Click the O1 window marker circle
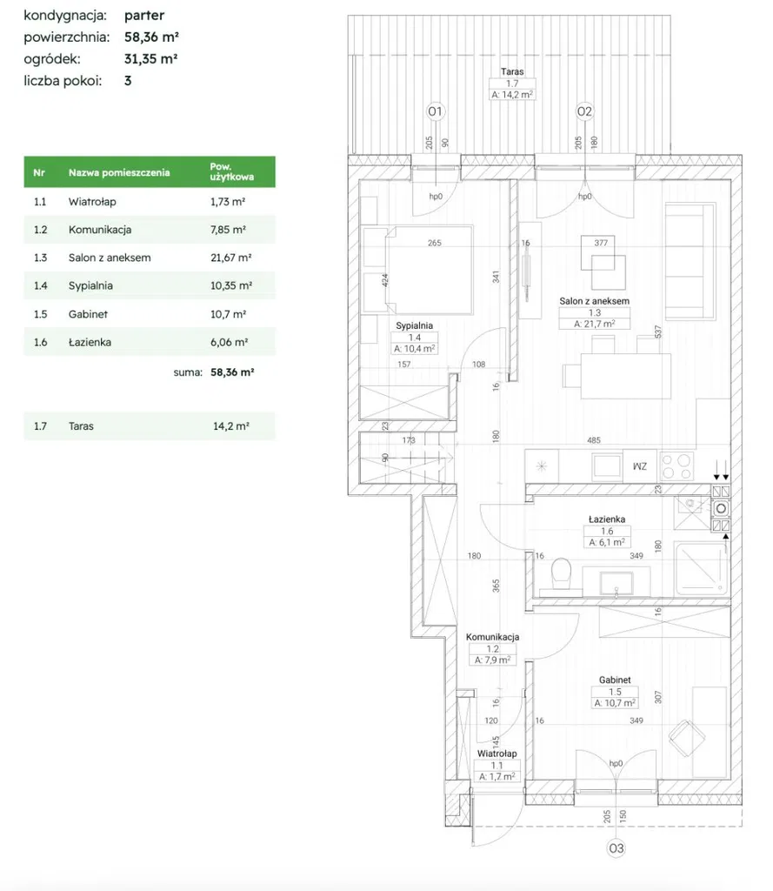pyautogui.click(x=435, y=111)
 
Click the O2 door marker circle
pyautogui.click(x=584, y=111)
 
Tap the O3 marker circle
pyautogui.click(x=616, y=848)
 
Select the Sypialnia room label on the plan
pyautogui.click(x=415, y=325)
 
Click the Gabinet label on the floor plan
pyautogui.click(x=615, y=680)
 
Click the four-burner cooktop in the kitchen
pyautogui.click(x=676, y=466)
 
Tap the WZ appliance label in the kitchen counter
pyautogui.click(x=639, y=466)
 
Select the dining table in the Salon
pyautogui.click(x=625, y=376)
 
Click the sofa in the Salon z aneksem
pyautogui.click(x=690, y=261)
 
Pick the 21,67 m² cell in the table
pyautogui.click(x=231, y=258)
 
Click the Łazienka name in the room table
pyautogui.click(x=90, y=342)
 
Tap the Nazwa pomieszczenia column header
pyautogui.click(x=119, y=172)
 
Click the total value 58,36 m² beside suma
pyautogui.click(x=232, y=372)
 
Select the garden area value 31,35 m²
pyautogui.click(x=151, y=58)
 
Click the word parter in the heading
pyautogui.click(x=144, y=16)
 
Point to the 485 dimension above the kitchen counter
pyautogui.click(x=594, y=439)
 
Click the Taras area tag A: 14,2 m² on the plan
pyautogui.click(x=512, y=95)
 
